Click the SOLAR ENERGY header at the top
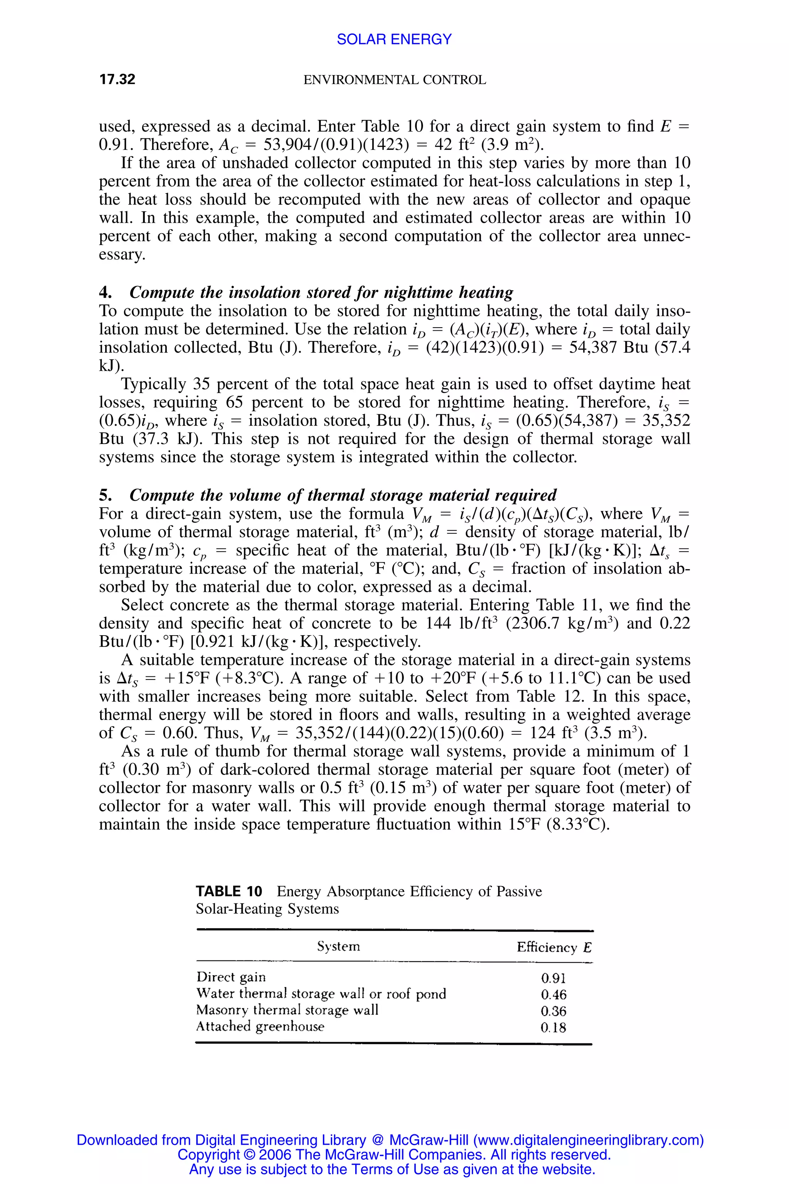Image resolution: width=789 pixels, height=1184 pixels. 394,39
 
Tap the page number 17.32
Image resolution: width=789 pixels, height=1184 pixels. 117,79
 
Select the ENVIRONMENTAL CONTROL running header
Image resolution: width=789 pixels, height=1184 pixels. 394,80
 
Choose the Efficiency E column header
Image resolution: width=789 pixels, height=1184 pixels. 554,947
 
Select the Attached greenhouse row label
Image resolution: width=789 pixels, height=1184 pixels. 260,1026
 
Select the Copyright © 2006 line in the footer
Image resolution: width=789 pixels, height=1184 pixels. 394,1154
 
